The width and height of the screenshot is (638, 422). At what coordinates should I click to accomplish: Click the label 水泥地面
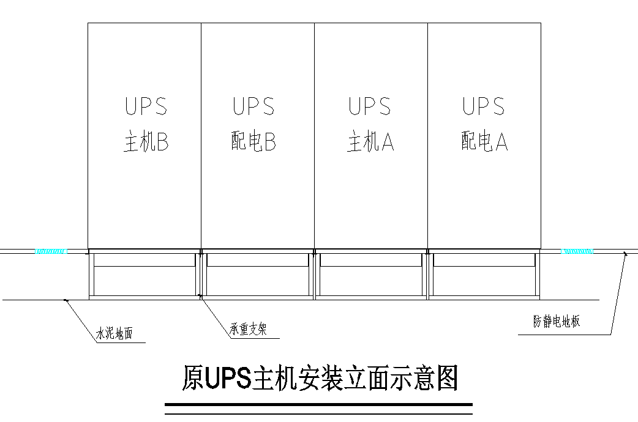[114, 334]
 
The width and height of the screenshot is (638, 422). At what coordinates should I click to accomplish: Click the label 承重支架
[248, 330]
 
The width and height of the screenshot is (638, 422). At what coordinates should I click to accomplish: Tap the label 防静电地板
[557, 321]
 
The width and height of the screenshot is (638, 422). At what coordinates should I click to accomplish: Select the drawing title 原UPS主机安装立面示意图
[320, 379]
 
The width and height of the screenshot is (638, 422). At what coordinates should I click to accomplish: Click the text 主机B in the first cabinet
[146, 143]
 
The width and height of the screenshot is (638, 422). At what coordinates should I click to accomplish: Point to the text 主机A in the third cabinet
[370, 143]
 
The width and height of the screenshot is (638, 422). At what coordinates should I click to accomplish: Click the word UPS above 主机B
[146, 106]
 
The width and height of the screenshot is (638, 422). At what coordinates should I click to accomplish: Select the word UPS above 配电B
[253, 106]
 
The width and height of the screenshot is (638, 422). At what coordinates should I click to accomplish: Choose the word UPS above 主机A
[370, 106]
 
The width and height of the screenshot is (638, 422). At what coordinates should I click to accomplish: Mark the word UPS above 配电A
[484, 106]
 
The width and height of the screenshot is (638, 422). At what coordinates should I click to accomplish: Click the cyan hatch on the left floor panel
[51, 251]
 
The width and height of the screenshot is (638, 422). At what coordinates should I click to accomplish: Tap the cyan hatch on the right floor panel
[576, 251]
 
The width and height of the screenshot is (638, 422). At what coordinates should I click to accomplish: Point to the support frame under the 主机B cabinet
[144, 275]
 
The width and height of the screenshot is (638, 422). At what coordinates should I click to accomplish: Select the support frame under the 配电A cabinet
[484, 275]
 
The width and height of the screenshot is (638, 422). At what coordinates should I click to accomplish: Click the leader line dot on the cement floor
[66, 300]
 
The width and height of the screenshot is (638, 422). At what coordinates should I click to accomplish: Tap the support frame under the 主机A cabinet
[371, 275]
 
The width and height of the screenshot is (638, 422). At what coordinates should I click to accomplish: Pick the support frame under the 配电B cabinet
[258, 275]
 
